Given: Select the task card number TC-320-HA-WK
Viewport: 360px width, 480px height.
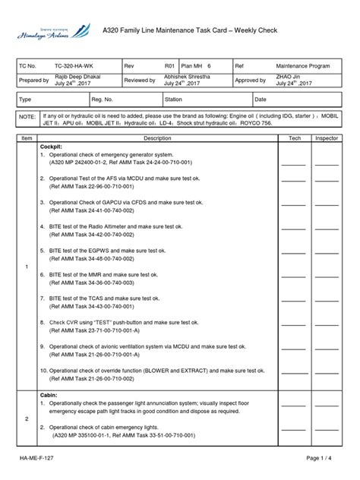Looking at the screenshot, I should (x=75, y=66).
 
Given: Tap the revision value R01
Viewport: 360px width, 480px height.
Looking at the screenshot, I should (x=169, y=66).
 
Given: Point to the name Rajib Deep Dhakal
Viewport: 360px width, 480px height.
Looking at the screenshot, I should (x=77, y=77).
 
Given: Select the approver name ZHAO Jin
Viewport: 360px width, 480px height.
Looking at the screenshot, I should (x=289, y=77).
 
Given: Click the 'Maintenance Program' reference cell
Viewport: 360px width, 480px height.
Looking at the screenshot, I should (x=302, y=66).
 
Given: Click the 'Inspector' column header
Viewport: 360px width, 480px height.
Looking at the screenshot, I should (x=327, y=139).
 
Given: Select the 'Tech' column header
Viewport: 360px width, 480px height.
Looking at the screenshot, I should (x=294, y=139).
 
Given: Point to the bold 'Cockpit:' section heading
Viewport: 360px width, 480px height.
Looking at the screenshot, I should (x=51, y=147).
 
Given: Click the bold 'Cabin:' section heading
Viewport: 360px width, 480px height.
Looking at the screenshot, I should (x=48, y=395).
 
